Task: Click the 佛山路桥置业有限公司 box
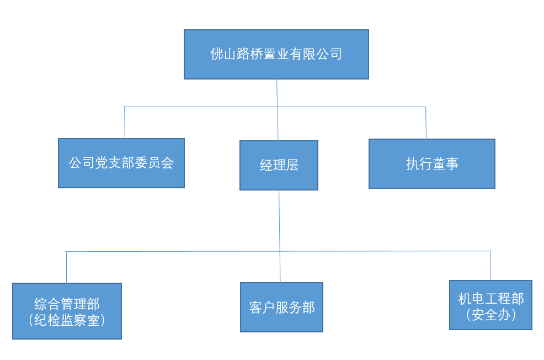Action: [x=276, y=54]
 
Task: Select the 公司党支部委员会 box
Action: [x=121, y=163]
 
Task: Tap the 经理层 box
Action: [x=279, y=165]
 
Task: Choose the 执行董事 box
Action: [x=431, y=163]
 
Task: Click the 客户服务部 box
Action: [x=281, y=307]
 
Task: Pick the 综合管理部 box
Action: [x=67, y=311]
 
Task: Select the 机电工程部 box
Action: [x=490, y=305]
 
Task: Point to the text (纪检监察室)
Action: [x=67, y=320]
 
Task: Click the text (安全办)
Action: [x=490, y=315]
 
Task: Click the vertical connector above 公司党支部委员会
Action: [x=125, y=122]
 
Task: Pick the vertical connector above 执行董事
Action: [x=426, y=123]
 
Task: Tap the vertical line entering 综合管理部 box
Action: [x=67, y=267]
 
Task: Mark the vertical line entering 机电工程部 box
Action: [x=490, y=266]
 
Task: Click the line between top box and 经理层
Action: [x=277, y=110]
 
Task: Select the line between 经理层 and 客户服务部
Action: [x=280, y=237]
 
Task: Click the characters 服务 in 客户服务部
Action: [x=288, y=308]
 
